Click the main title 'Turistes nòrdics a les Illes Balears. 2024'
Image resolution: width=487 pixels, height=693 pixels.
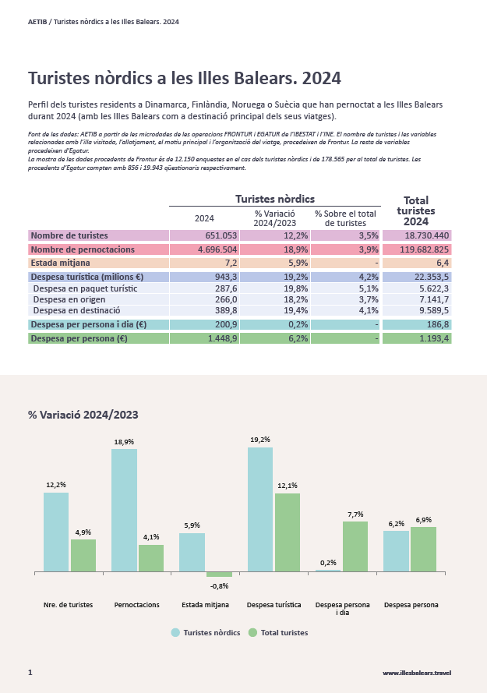coord(184,79)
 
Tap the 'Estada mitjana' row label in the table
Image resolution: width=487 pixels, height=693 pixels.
coord(58,263)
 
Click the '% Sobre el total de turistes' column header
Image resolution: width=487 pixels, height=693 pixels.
coord(346,218)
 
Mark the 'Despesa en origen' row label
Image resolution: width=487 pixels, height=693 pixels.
coord(65,299)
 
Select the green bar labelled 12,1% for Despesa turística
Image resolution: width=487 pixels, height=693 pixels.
coord(288,532)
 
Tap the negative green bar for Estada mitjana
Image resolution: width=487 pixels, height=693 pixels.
coord(219,574)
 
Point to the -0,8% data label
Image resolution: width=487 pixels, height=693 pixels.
coord(220,585)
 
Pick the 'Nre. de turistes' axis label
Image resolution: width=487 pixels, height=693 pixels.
coord(68,605)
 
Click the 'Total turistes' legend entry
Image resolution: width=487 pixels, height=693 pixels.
coord(278,632)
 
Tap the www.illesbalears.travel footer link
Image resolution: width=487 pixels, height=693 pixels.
coord(417,673)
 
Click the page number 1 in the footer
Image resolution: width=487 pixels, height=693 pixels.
coord(30,672)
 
